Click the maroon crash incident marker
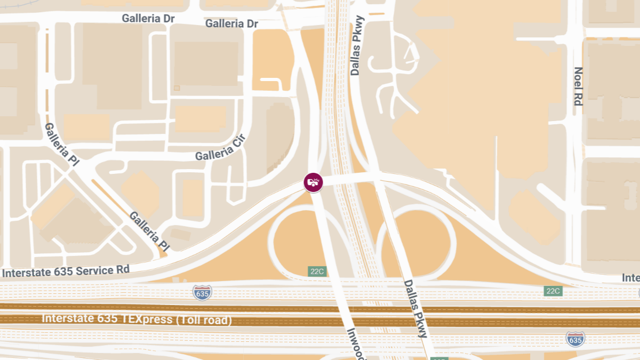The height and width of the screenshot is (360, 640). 313,182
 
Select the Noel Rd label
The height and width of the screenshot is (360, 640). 578,86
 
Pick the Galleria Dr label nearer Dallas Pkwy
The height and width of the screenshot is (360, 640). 231,24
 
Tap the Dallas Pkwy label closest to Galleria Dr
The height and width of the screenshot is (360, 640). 357,45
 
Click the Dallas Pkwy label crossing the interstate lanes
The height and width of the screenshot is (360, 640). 415,309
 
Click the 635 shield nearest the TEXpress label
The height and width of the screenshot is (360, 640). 202,292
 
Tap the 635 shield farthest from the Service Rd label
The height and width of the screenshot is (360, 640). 575,339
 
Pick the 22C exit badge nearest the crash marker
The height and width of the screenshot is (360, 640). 317,271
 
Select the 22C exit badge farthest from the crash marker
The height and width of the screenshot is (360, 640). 553,291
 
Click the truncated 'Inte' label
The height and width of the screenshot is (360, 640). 630,278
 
